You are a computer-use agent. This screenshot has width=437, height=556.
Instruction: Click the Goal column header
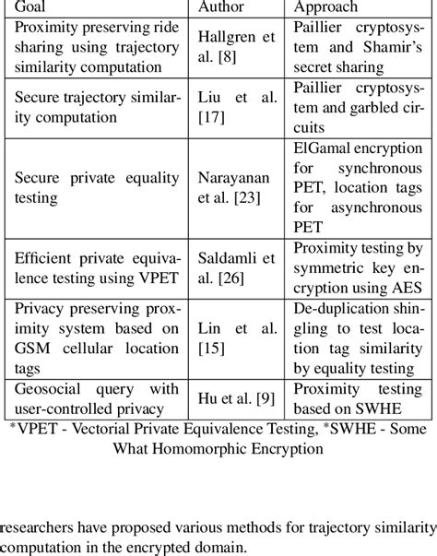34,7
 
